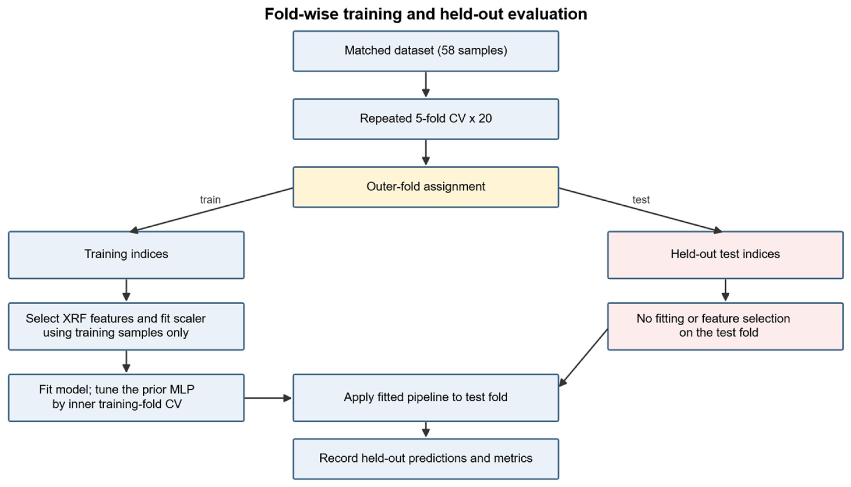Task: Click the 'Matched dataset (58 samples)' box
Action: [425, 51]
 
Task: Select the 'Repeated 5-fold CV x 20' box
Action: [425, 119]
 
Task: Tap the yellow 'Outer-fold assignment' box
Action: [425, 187]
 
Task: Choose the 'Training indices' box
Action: [126, 255]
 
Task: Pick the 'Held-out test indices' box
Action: [725, 255]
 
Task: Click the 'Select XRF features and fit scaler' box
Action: [126, 327]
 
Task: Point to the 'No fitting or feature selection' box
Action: [725, 327]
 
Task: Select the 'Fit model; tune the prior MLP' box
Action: [126, 398]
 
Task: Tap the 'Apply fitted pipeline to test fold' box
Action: [425, 398]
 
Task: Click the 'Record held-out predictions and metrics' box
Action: [425, 459]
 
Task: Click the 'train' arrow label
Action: [210, 200]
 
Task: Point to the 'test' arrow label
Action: [641, 200]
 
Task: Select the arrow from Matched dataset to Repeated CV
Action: [425, 85]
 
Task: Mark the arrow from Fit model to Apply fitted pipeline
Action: [268, 398]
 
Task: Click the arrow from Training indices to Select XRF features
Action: [126, 290]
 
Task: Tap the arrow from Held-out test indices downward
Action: [725, 290]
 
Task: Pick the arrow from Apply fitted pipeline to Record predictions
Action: [425, 429]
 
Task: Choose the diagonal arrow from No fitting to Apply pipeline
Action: [583, 358]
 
